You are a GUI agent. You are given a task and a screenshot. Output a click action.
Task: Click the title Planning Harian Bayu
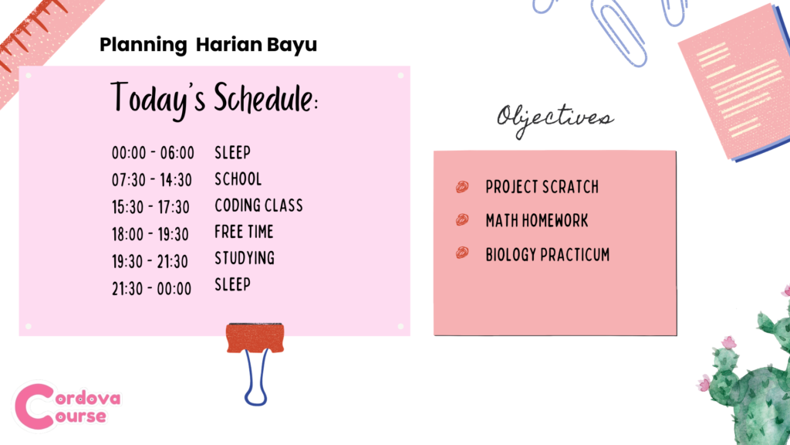coord(208,46)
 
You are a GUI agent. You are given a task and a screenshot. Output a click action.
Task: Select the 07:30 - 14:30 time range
coord(152,180)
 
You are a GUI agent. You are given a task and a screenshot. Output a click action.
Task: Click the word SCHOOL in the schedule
coord(238,179)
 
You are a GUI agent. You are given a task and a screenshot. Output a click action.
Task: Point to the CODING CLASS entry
coord(259,206)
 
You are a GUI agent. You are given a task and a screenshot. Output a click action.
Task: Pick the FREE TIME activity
coord(244,232)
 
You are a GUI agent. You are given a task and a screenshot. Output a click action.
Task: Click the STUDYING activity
coord(245,258)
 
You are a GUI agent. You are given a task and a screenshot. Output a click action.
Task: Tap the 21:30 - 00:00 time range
coord(152,289)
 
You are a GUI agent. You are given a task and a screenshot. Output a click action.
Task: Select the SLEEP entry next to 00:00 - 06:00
coord(233,152)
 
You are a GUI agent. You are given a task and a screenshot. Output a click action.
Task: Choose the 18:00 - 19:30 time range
coord(150,234)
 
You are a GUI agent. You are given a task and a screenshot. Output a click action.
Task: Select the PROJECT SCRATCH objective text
coord(542,187)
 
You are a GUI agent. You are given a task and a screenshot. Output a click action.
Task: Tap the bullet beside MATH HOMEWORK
coord(462,219)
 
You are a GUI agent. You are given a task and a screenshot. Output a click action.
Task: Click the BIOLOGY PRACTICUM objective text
coord(548,254)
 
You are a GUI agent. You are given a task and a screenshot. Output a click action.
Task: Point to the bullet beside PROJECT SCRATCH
coord(462,187)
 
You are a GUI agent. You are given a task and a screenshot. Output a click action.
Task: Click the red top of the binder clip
coord(255,338)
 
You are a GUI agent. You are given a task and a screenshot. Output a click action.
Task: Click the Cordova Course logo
coord(66,406)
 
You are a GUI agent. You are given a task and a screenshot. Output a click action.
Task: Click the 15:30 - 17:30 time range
coord(150,207)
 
